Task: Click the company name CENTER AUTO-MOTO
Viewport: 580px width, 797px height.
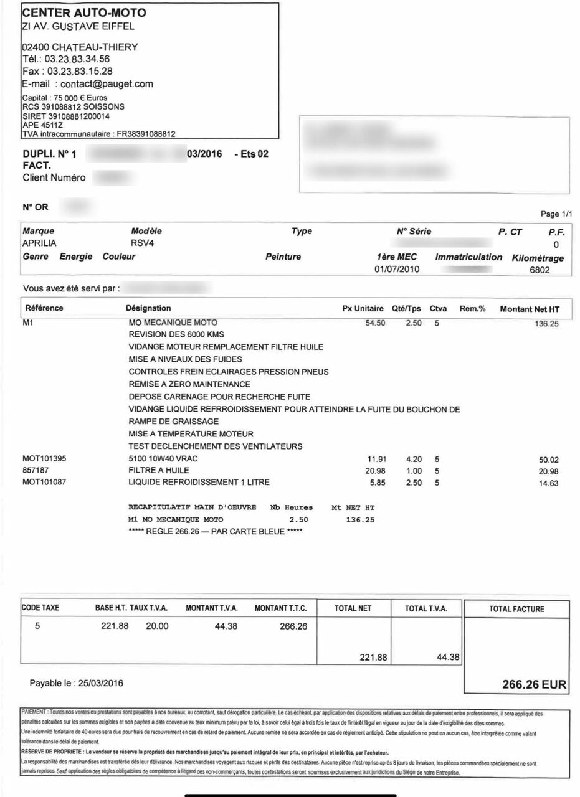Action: (x=84, y=12)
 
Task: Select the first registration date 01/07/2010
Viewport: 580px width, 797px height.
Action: (x=397, y=270)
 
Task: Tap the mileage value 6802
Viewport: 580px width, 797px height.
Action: (x=540, y=271)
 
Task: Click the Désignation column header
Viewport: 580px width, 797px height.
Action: (x=148, y=308)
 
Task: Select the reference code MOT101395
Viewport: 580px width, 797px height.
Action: (x=44, y=459)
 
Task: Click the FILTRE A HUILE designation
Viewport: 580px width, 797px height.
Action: (x=159, y=471)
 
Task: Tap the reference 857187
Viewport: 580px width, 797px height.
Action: (x=36, y=471)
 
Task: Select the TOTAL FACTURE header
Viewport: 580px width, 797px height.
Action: (x=516, y=609)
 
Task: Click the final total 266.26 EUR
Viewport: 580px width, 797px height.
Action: (x=534, y=684)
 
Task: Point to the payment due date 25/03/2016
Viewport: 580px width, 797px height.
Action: (x=100, y=683)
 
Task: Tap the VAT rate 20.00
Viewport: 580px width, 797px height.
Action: (x=157, y=626)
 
